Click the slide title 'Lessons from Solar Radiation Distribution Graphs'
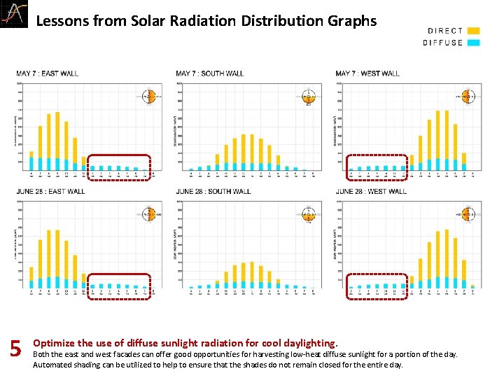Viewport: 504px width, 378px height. point(206,21)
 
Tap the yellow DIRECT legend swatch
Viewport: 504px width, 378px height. point(474,31)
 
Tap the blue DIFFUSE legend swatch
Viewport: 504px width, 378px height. point(474,43)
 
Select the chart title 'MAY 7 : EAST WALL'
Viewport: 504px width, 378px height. point(48,73)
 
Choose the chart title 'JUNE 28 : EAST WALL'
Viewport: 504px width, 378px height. point(50,191)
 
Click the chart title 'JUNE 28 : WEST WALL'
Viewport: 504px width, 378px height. point(371,191)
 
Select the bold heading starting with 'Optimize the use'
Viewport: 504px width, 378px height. point(185,343)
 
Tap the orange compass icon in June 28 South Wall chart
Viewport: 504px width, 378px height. point(308,214)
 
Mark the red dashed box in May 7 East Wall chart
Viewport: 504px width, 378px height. point(119,167)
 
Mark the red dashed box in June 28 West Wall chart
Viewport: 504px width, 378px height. point(377,286)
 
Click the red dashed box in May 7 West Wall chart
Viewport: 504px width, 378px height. point(377,167)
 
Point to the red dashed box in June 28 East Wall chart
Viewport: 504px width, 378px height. point(119,286)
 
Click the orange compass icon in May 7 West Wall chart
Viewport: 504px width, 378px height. point(468,97)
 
